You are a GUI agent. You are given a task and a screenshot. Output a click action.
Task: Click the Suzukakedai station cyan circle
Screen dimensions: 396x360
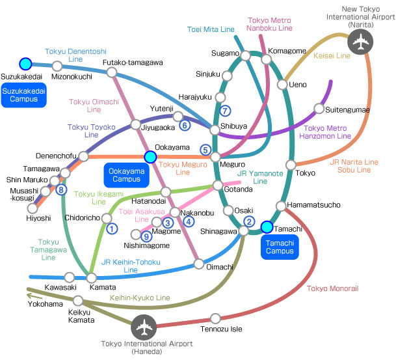click(25, 64)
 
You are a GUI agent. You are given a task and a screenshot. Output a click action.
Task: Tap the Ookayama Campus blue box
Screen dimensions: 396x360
click(127, 175)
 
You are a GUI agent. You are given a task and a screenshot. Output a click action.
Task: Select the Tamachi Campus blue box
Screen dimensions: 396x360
click(280, 247)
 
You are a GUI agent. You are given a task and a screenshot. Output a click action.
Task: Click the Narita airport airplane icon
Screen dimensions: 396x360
click(360, 42)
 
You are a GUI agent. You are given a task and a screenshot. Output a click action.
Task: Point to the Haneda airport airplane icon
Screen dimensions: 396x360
click(144, 327)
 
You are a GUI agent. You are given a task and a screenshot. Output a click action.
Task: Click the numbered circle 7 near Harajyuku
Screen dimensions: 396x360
click(225, 111)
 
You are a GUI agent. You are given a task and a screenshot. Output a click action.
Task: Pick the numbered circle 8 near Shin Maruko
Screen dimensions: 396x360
click(61, 189)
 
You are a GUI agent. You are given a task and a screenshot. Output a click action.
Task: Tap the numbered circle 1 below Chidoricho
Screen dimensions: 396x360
click(112, 228)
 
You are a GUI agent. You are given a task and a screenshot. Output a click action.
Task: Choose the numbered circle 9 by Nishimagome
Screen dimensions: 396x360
click(146, 237)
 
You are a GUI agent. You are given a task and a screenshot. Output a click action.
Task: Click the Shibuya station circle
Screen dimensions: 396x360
click(215, 130)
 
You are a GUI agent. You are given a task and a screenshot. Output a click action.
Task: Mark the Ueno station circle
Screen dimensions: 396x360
click(282, 85)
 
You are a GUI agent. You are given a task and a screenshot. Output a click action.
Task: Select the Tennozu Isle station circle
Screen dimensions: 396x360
click(215, 318)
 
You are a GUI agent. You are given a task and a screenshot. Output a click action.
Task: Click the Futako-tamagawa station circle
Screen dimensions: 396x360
click(112, 72)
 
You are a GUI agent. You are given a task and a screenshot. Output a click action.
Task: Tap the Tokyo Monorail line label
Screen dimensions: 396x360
click(333, 288)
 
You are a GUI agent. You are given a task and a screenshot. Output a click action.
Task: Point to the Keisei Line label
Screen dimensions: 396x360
click(332, 55)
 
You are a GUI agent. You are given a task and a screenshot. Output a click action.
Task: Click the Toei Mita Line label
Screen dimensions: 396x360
click(211, 29)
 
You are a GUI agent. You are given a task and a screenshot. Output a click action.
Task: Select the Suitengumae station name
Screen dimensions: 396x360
click(347, 110)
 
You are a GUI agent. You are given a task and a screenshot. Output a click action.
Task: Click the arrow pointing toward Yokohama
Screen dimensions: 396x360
click(34, 296)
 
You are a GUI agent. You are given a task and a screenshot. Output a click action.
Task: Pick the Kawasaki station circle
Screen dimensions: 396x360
click(69, 277)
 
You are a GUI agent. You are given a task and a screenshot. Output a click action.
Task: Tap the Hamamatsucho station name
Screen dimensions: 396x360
click(313, 205)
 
